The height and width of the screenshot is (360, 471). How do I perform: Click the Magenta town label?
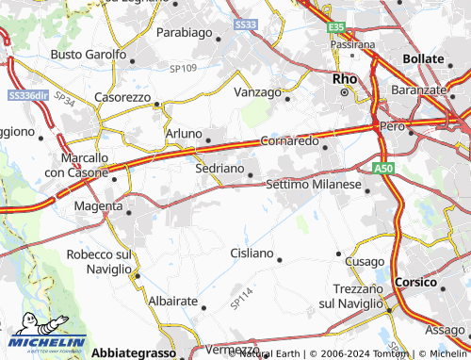tap(99, 205)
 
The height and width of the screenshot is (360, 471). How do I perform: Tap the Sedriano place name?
tap(219, 170)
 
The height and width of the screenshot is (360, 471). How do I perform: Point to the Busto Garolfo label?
tap(88, 55)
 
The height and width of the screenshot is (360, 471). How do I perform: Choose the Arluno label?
tap(184, 134)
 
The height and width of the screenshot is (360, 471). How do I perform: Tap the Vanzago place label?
tap(257, 92)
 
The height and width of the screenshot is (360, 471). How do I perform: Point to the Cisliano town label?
tap(252, 254)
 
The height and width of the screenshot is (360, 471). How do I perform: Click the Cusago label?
tap(365, 261)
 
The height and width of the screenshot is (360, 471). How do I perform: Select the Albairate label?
tap(172, 301)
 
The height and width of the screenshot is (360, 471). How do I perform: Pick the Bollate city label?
tap(423, 58)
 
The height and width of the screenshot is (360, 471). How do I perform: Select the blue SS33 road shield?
tap(245, 24)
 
